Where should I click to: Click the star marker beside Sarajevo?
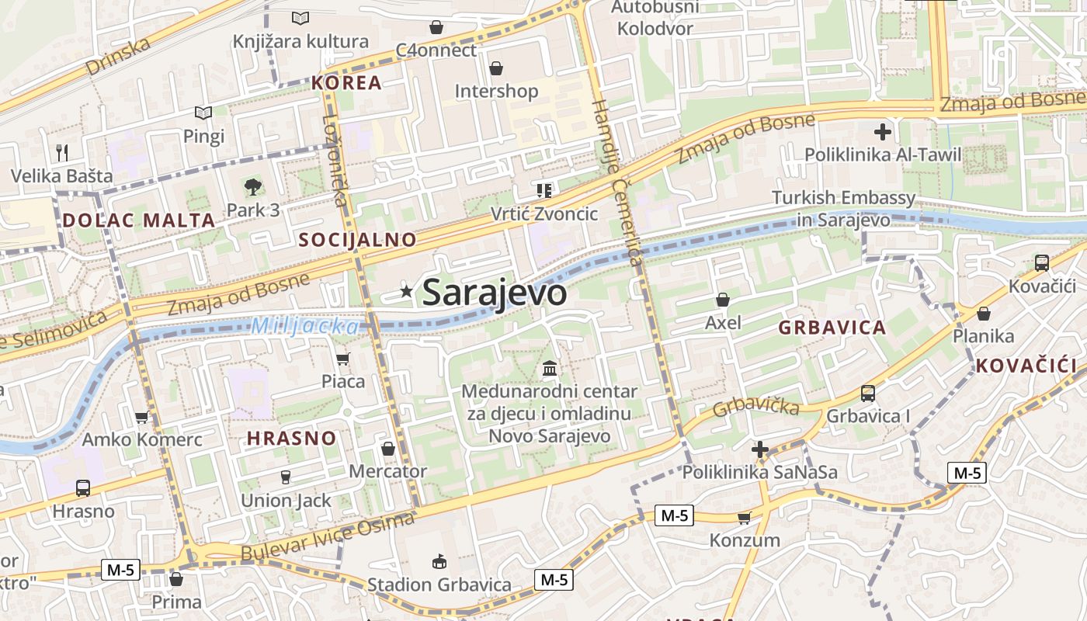point(406,292)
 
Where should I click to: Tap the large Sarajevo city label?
point(495,293)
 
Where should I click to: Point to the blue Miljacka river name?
point(305,327)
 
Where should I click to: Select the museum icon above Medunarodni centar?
point(550,367)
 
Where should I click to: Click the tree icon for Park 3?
point(252,186)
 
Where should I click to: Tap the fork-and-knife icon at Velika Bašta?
point(62,152)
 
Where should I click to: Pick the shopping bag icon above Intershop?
point(496,68)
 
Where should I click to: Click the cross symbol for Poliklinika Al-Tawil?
point(883,131)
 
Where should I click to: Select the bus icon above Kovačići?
point(1041,263)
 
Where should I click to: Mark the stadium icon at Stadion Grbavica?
point(439,561)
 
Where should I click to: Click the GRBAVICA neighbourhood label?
point(832,328)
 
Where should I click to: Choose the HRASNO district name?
point(292,439)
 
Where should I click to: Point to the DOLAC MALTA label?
point(139,220)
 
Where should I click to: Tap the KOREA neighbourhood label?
point(347,83)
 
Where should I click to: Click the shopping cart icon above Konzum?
point(745,517)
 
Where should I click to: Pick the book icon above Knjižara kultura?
point(300,18)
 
